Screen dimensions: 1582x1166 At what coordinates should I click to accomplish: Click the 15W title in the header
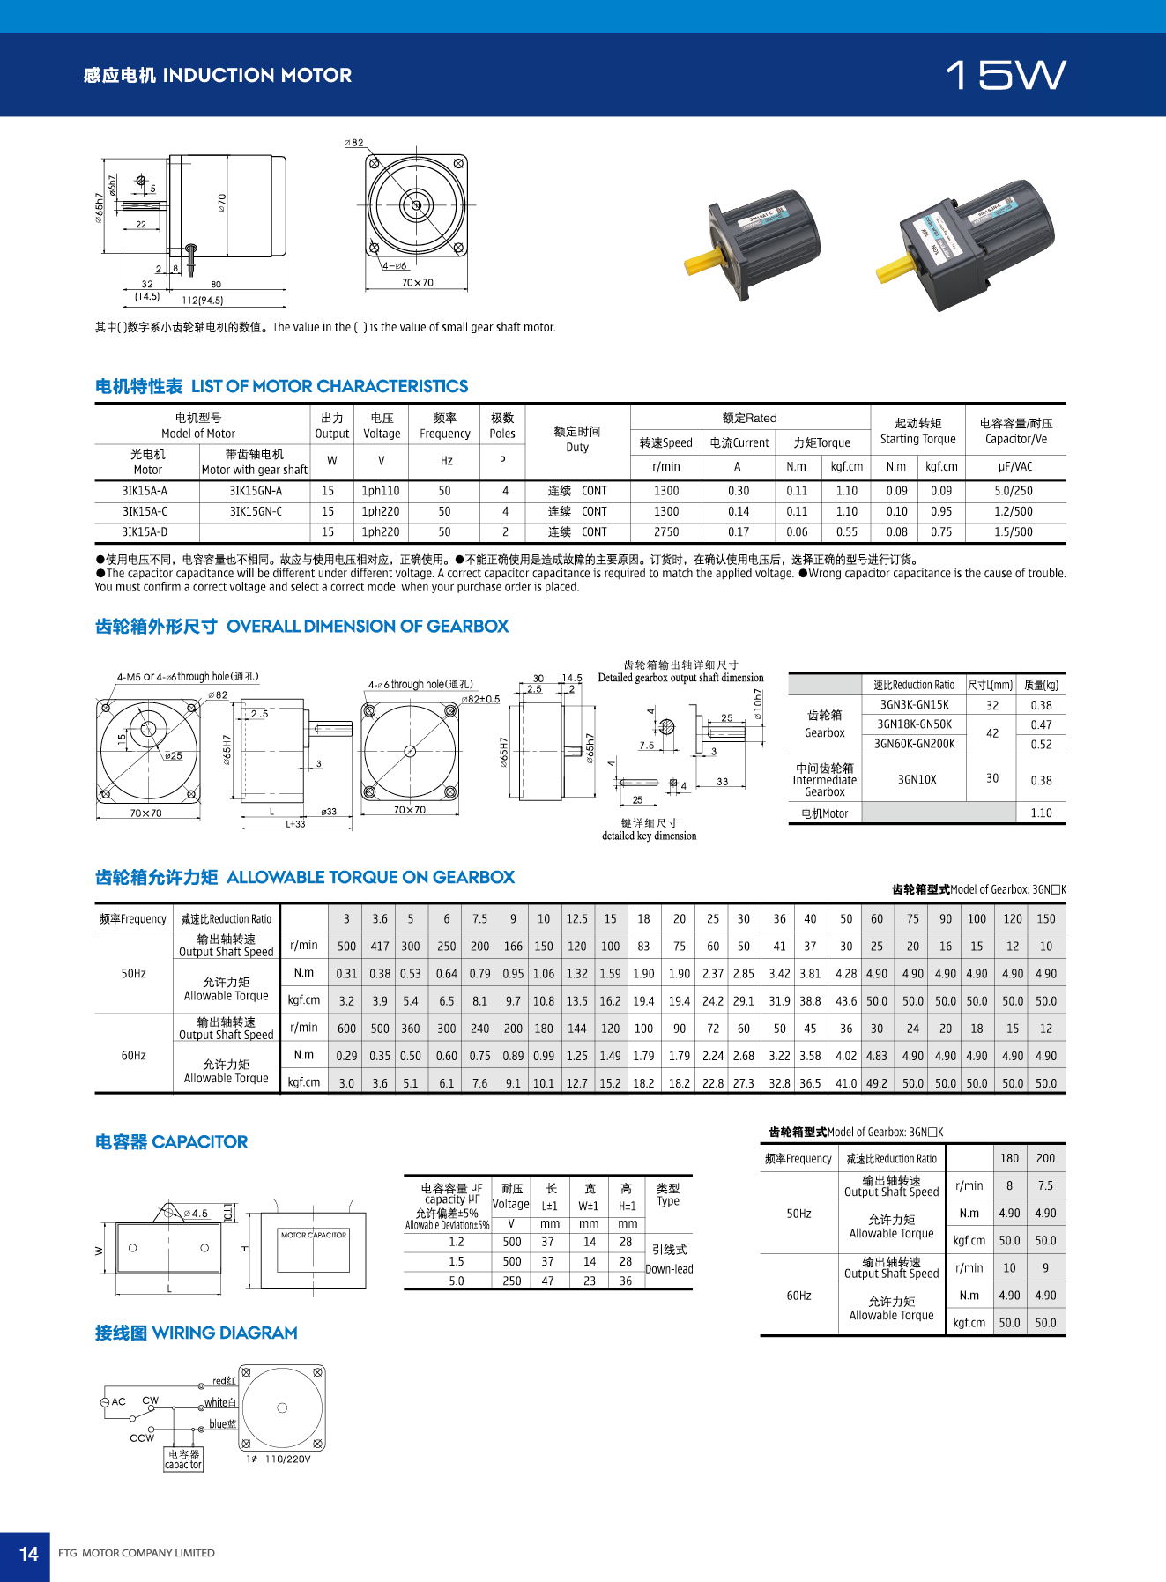click(x=1006, y=76)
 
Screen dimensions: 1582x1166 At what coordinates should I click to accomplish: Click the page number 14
click(x=29, y=1553)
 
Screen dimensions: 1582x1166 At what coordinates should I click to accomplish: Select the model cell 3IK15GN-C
click(x=256, y=511)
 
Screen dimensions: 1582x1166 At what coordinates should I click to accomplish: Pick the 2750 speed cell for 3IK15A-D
click(x=666, y=531)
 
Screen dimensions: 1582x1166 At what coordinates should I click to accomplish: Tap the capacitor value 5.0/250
click(x=1014, y=491)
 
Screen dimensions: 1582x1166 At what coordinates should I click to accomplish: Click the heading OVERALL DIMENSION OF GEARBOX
click(x=368, y=627)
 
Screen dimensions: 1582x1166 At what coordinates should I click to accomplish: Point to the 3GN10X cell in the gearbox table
click(x=917, y=779)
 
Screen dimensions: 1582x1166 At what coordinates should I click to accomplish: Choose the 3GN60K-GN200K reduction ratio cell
click(x=914, y=744)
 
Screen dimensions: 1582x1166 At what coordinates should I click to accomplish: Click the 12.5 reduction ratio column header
click(x=576, y=918)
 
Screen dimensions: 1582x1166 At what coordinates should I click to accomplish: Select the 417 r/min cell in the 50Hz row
click(x=379, y=946)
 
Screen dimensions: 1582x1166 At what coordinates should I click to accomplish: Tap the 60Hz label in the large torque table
click(x=133, y=1055)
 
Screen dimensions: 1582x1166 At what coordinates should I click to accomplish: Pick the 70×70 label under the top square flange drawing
click(x=417, y=283)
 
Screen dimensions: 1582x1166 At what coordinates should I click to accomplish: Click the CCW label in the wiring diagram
click(x=141, y=1437)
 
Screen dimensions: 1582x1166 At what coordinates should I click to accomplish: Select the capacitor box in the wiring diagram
click(x=183, y=1459)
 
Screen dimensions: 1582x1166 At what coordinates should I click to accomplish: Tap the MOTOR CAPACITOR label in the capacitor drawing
click(x=314, y=1235)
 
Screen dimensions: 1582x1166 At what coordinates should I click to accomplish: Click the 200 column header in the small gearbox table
click(x=1045, y=1158)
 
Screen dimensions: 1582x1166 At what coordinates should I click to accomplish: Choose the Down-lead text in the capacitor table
click(x=669, y=1269)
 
